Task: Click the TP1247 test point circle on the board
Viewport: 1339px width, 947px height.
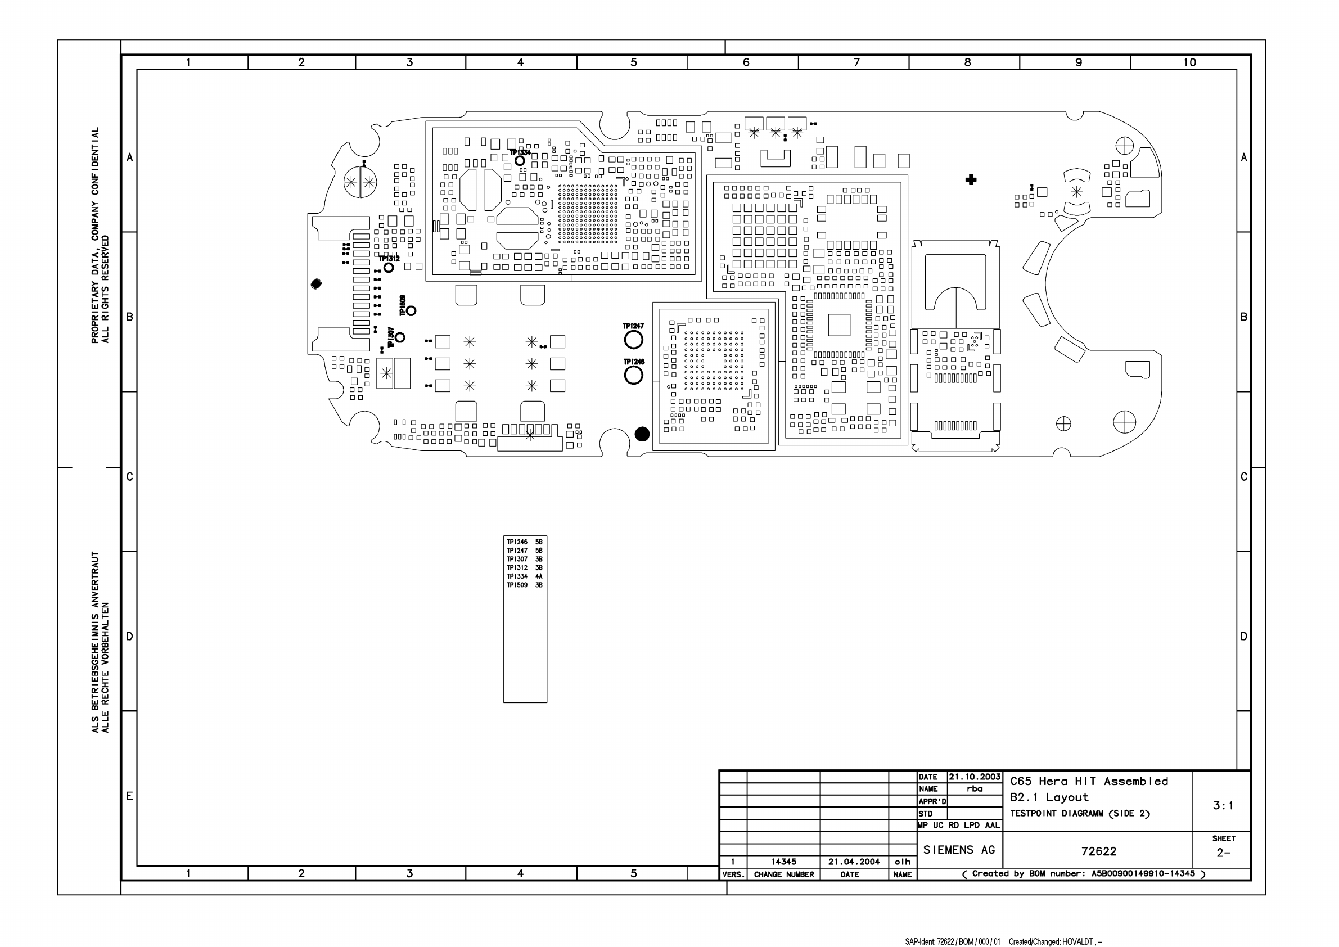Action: coord(633,340)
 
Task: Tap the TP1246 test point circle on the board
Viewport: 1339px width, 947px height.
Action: coord(633,375)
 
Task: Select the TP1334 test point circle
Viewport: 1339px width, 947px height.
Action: coord(520,161)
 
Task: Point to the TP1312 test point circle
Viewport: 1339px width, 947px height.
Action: coord(389,268)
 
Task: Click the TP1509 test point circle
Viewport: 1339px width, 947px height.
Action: coord(411,311)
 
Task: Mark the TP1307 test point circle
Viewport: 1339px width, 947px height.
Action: coord(400,337)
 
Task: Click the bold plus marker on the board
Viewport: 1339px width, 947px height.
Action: coord(971,179)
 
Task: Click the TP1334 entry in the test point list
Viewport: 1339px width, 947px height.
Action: coord(517,576)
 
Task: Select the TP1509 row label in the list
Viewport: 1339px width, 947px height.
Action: coord(517,585)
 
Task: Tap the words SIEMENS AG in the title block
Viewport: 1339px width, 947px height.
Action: coord(959,850)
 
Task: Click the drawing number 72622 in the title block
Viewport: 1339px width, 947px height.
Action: coord(1099,851)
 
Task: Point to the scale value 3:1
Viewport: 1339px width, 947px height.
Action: coord(1223,805)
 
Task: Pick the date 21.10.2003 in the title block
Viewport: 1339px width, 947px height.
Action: coord(975,777)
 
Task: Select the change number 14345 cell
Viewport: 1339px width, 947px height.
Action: coord(783,862)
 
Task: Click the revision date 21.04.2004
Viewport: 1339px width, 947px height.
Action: coord(854,862)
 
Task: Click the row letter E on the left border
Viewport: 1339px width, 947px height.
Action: coord(129,796)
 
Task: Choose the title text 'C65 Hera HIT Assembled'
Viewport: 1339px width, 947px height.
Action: coord(1089,782)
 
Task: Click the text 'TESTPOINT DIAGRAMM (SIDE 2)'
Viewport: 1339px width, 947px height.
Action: coord(1080,814)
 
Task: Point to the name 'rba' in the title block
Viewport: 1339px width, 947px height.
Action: coord(975,789)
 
